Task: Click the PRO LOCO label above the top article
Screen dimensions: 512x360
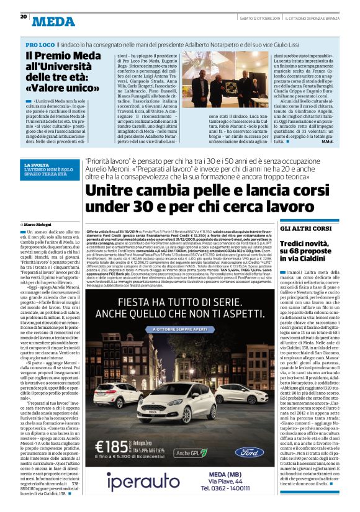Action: click(39, 45)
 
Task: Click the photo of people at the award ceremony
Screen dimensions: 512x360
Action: click(222, 79)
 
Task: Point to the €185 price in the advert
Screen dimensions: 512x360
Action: click(112, 446)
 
